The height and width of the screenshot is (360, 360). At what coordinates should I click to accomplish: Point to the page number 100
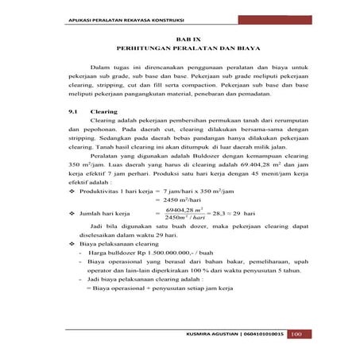coord(296,333)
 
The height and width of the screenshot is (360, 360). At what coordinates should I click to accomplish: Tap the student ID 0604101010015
coord(259,334)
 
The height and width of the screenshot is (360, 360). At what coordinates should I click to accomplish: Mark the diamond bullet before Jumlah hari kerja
coord(72,215)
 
